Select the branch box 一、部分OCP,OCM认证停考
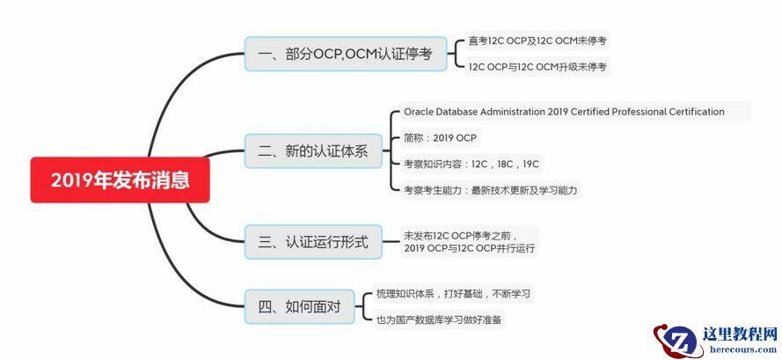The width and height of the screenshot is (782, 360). (347, 54)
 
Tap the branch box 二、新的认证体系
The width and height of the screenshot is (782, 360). (313, 151)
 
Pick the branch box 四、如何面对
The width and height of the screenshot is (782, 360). (299, 307)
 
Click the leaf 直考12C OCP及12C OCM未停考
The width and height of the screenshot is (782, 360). (537, 40)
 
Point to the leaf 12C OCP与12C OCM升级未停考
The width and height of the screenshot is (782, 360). (537, 66)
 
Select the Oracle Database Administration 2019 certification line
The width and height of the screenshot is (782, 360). (564, 112)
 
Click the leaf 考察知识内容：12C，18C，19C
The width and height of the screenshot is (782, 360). (471, 164)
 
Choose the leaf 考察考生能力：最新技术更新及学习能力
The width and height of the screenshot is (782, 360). (491, 189)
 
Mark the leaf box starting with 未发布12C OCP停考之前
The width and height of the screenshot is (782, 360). (470, 241)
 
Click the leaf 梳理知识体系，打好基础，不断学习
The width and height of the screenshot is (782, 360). (453, 293)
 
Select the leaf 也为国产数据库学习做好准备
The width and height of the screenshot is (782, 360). (440, 320)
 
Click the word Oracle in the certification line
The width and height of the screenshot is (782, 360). (420, 112)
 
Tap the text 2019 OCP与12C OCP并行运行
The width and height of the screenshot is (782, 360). (470, 248)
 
